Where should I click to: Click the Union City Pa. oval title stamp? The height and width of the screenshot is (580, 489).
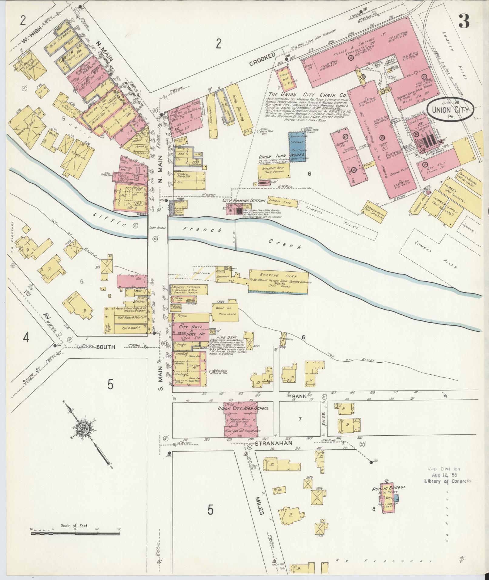tap(451, 109)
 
